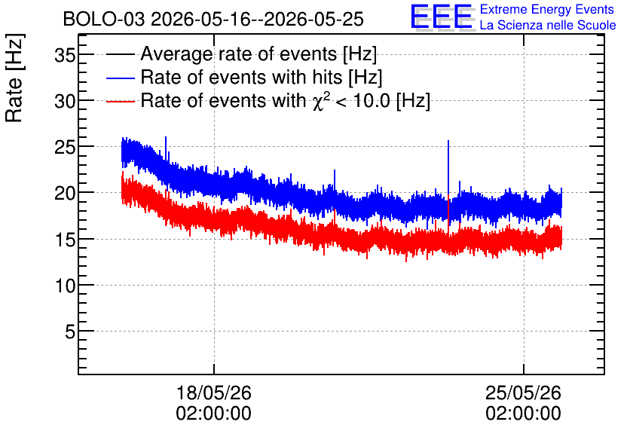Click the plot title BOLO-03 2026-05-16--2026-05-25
pyautogui.click(x=213, y=19)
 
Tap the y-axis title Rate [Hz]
pyautogui.click(x=14, y=78)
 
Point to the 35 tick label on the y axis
pyautogui.click(x=65, y=55)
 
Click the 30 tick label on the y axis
pyautogui.click(x=65, y=101)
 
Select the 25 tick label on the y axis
pyautogui.click(x=65, y=148)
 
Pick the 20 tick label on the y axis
pyautogui.click(x=65, y=194)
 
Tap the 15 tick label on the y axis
pyautogui.click(x=65, y=240)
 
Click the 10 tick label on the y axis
pyautogui.click(x=65, y=286)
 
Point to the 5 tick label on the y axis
pyautogui.click(x=70, y=332)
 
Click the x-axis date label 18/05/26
pyautogui.click(x=214, y=393)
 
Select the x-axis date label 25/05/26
pyautogui.click(x=523, y=393)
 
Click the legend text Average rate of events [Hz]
pyautogui.click(x=258, y=54)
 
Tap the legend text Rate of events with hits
pyautogui.click(x=241, y=77)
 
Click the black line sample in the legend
pyautogui.click(x=121, y=54)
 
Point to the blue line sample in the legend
pyautogui.click(x=121, y=78)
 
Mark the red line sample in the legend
pyautogui.click(x=121, y=101)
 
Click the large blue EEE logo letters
pyautogui.click(x=442, y=17)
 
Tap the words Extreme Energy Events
pyautogui.click(x=547, y=9)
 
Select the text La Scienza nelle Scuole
pyautogui.click(x=548, y=25)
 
